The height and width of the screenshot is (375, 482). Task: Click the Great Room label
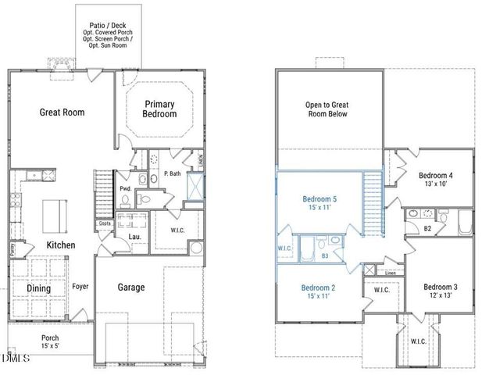click(62, 112)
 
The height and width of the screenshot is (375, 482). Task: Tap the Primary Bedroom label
click(159, 109)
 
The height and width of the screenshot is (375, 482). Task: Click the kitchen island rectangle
click(53, 212)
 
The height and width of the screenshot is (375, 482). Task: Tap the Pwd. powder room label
click(125, 188)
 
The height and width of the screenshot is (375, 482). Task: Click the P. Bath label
click(173, 175)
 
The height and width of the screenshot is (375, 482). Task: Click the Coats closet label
click(105, 223)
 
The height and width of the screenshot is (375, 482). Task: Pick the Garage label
click(131, 287)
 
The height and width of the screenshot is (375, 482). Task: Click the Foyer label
click(80, 287)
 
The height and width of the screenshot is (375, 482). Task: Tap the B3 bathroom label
click(324, 255)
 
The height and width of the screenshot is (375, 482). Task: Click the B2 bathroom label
click(427, 229)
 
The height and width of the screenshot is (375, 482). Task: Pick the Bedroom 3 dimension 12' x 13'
click(439, 297)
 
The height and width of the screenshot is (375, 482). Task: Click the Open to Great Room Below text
click(326, 109)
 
